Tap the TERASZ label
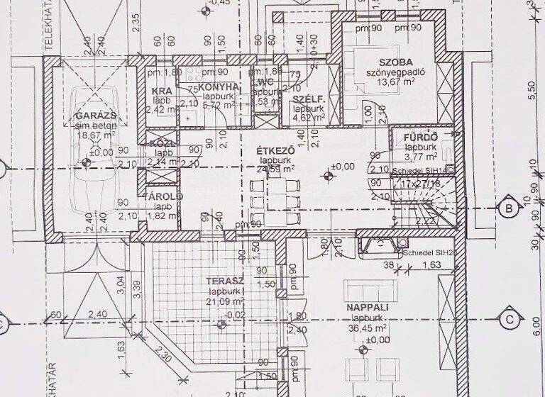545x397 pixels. click(x=224, y=281)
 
